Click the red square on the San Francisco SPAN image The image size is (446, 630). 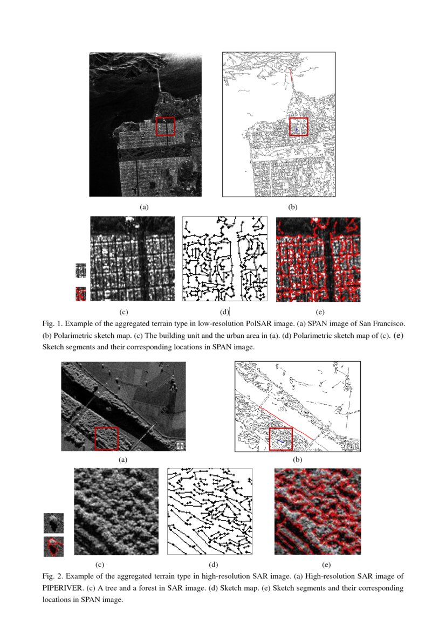click(x=165, y=127)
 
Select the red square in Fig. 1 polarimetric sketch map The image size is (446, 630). click(x=298, y=127)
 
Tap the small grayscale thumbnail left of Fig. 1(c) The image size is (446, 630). click(x=81, y=270)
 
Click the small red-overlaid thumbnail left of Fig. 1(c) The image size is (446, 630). click(x=81, y=294)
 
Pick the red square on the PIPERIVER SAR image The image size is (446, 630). click(x=106, y=438)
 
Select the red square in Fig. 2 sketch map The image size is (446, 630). click(x=280, y=439)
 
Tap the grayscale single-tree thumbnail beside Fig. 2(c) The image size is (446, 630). click(x=53, y=523)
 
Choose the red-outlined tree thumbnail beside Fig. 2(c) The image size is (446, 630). click(x=53, y=546)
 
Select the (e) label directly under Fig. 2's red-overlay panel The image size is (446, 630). click(x=326, y=565)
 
